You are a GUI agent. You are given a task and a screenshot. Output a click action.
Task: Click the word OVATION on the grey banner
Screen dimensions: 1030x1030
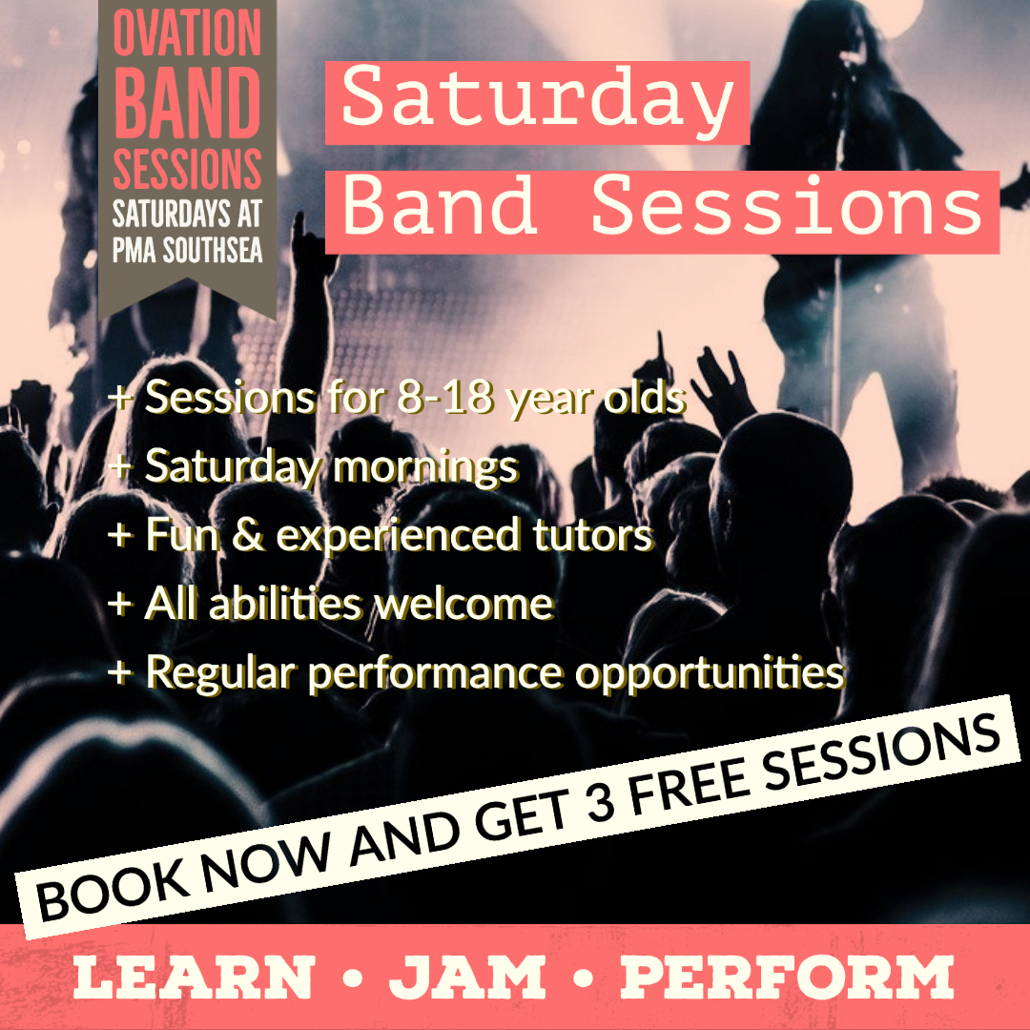[187, 34]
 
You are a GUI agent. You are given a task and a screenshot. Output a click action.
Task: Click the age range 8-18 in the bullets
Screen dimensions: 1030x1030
[443, 399]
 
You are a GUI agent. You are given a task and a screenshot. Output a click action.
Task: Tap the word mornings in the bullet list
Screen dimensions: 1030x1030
[424, 467]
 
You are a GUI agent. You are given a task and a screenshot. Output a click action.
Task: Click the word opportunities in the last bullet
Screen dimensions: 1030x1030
[710, 672]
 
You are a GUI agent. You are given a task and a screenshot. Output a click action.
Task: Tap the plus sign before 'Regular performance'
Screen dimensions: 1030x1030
[119, 673]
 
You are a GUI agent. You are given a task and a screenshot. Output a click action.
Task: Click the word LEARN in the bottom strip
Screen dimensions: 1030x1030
[193, 978]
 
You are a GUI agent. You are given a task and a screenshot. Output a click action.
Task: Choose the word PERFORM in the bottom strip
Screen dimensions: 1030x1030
[787, 978]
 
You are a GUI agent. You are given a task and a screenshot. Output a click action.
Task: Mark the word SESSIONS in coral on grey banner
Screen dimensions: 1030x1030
[187, 170]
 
